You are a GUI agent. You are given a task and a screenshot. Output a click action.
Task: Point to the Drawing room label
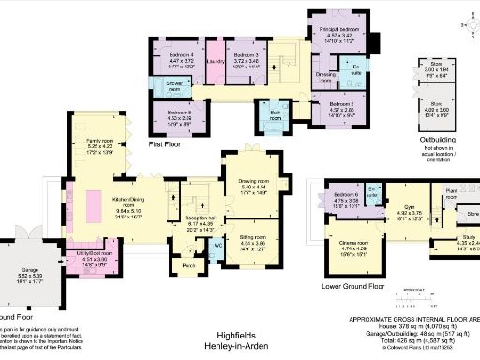[254, 183]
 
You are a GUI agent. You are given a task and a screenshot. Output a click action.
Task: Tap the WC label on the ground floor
[218, 246]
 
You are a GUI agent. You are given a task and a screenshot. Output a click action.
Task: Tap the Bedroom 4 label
[179, 55]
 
